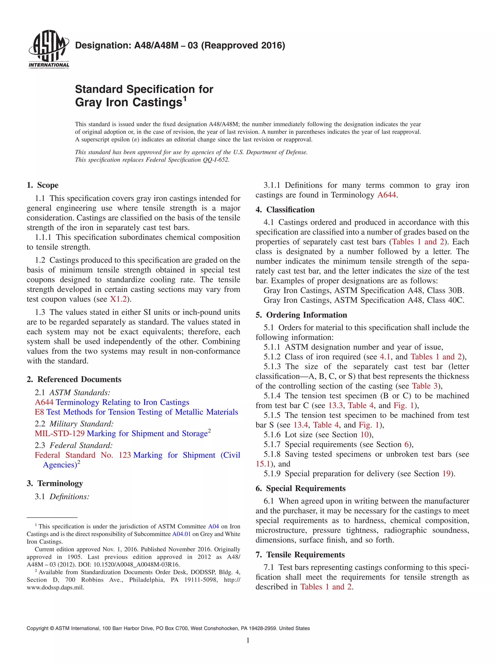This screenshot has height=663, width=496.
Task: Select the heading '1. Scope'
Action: [42, 185]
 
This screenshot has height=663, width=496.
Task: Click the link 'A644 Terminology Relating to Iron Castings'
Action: [112, 402]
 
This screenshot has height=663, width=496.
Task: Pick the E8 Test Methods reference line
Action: [136, 412]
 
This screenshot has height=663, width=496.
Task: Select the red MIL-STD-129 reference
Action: [60, 434]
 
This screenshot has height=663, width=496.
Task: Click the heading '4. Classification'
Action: [285, 210]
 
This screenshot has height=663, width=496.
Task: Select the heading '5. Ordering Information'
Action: [301, 315]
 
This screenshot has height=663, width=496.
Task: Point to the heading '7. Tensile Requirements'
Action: [300, 555]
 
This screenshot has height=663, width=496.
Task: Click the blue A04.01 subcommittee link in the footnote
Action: [181, 534]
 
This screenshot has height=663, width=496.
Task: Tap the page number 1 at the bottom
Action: [248, 640]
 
